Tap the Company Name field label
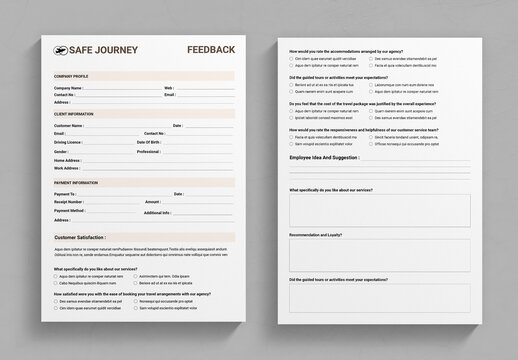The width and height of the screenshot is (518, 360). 69,88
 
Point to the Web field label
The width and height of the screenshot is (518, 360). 168,88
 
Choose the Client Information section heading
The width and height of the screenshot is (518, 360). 73,114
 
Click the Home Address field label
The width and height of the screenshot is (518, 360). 68,160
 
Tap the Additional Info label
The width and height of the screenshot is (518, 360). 156,212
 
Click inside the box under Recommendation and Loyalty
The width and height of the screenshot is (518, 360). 378,254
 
